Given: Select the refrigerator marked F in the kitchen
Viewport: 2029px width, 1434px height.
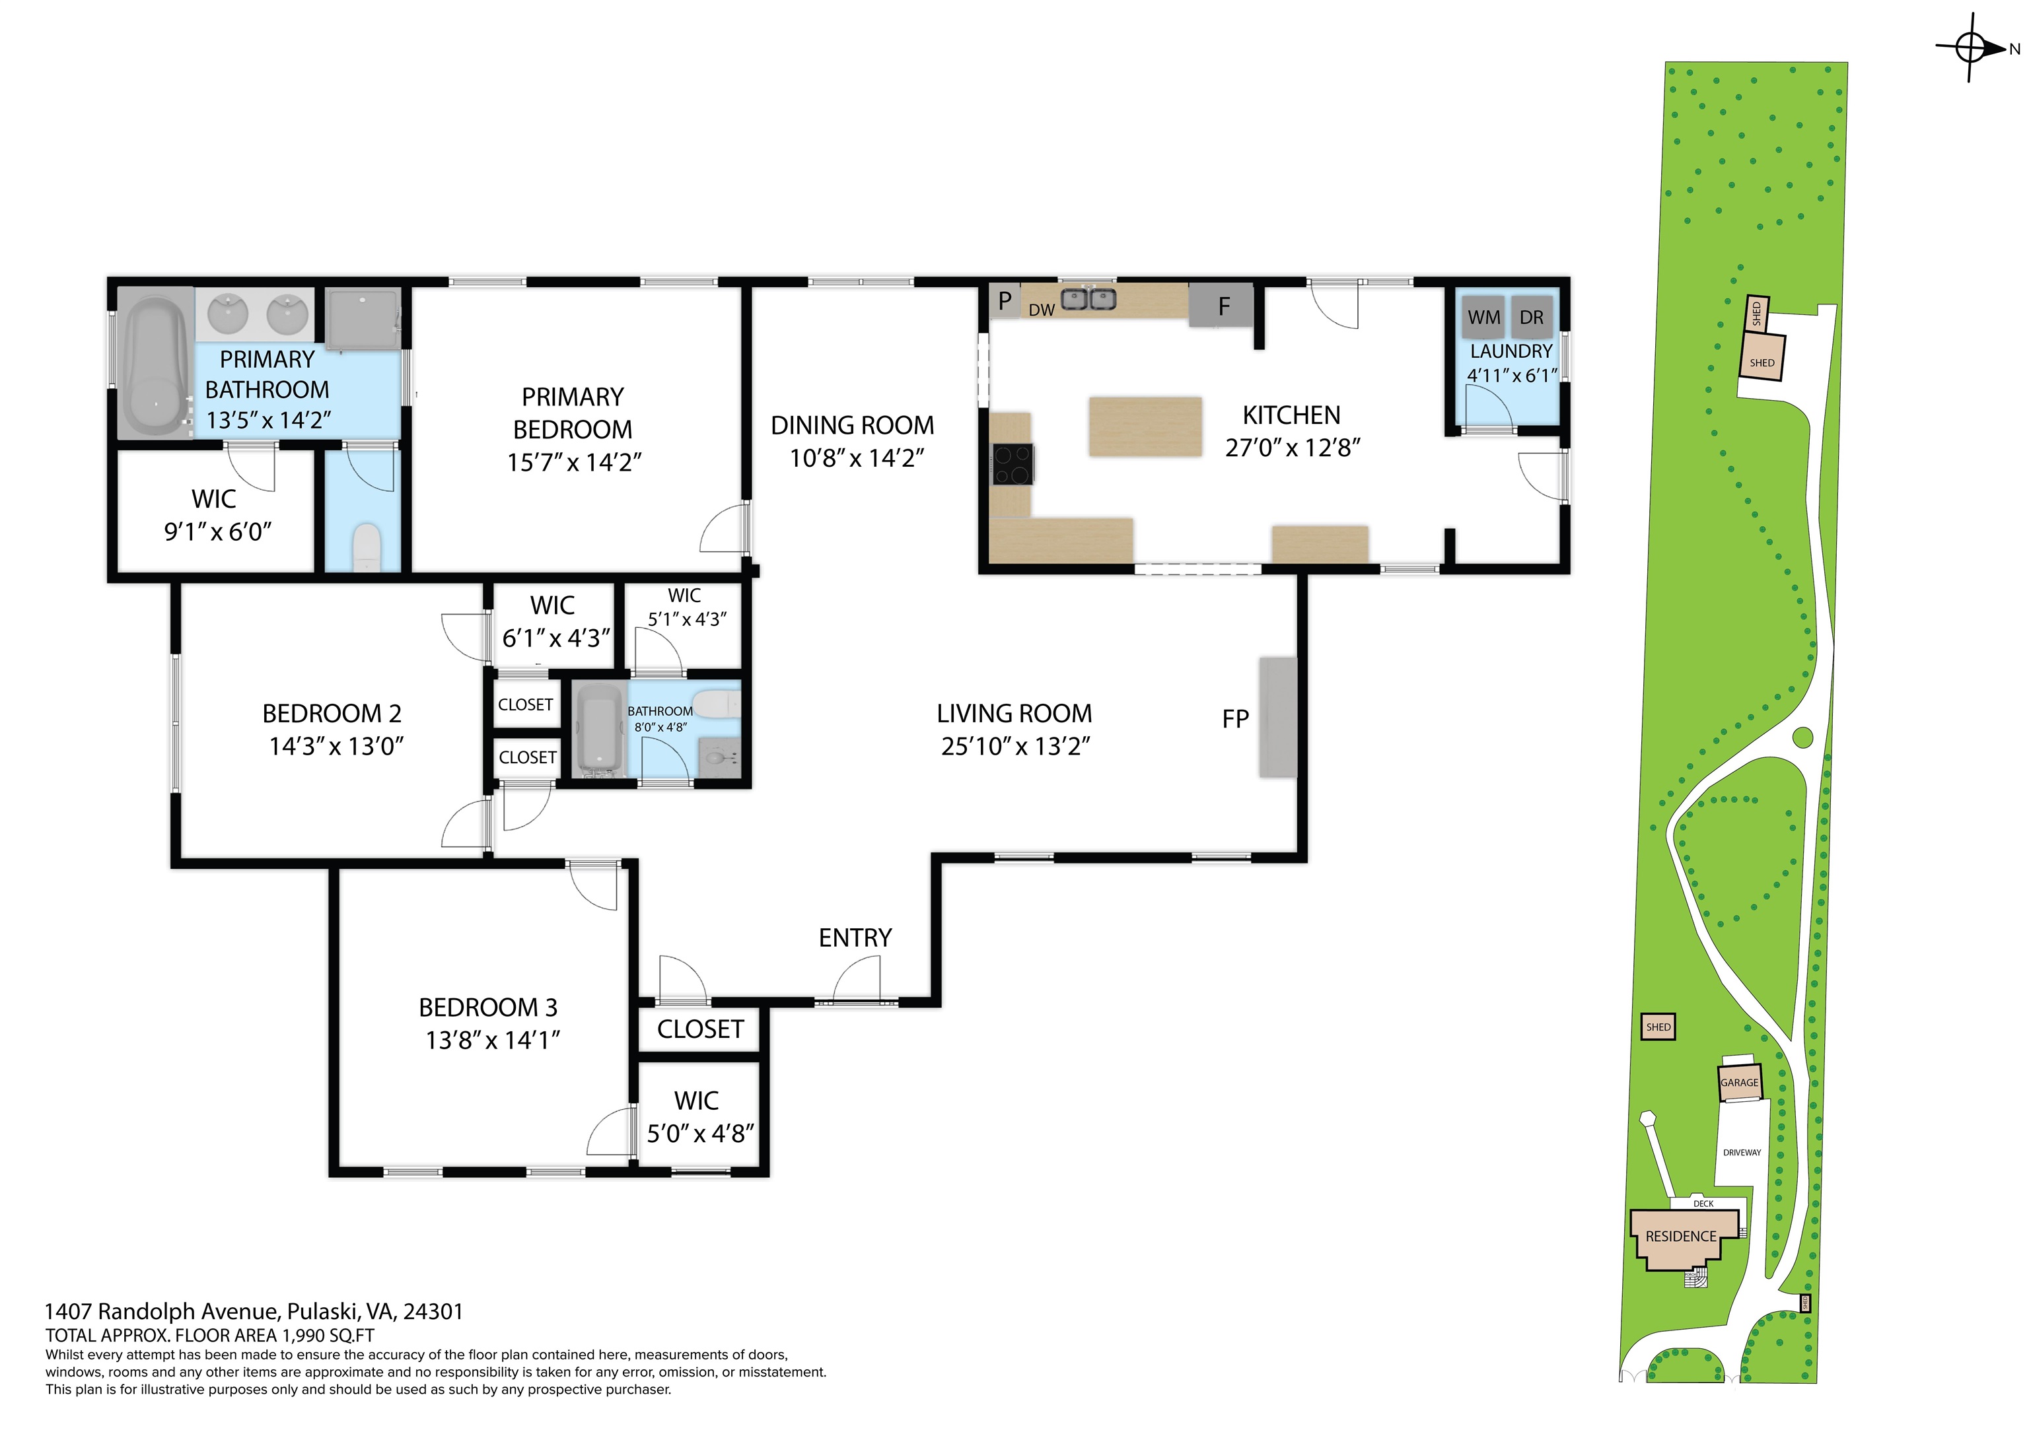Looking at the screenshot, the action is (x=1221, y=305).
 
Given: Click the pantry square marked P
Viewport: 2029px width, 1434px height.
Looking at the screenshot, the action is (x=1005, y=300).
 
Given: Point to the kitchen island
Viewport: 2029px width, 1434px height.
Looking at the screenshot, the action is (x=1145, y=427).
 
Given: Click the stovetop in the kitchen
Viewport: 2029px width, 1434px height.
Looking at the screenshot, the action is (x=1013, y=465).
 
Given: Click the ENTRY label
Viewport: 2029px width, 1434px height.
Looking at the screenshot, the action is (x=855, y=938).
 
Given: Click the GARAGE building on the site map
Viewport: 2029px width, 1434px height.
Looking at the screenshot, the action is (x=1739, y=1082).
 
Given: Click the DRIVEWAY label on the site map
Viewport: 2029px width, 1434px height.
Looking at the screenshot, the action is (x=1742, y=1152).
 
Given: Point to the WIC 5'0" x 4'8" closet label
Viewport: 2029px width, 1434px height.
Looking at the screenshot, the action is (x=699, y=1117).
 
